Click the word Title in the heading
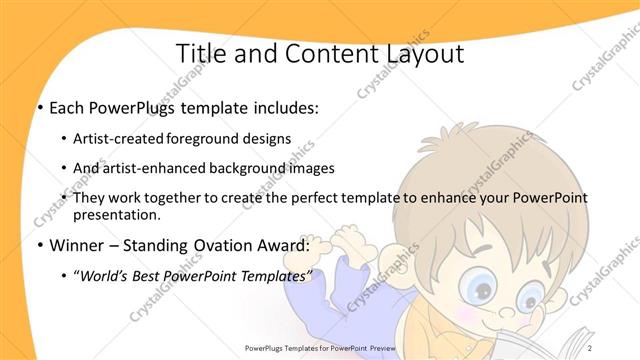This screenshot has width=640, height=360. coord(199,53)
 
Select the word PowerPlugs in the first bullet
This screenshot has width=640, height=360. coord(126,108)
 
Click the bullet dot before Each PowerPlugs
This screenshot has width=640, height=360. coord(39,108)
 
